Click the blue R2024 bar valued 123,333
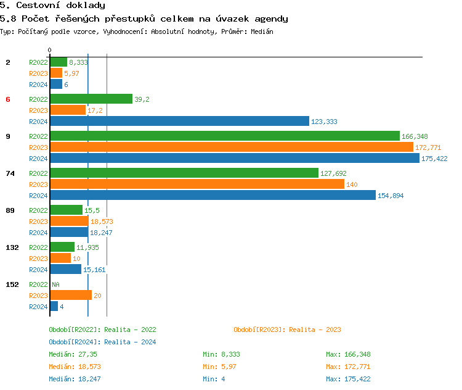[179, 121]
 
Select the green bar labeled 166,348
[225, 136]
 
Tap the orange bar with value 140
[197, 184]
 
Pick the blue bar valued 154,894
[213, 195]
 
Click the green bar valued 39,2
[91, 99]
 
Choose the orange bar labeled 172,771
[232, 147]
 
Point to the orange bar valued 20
[71, 295]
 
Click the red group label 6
[8, 99]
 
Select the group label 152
[12, 284]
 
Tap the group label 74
[10, 173]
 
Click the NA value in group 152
[55, 284]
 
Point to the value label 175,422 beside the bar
[434, 159]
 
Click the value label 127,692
[333, 173]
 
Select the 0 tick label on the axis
[50, 50]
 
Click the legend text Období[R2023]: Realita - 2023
[287, 330]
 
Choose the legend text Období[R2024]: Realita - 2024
[102, 342]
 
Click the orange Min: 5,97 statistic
[219, 367]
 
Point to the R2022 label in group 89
[38, 210]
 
